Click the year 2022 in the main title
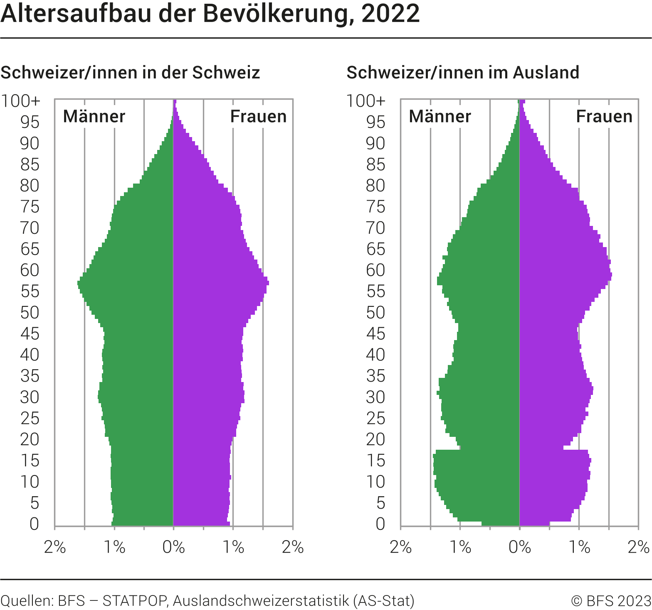pos(390,14)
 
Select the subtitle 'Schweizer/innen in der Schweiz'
pos(130,73)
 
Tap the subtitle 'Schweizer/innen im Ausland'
pos(463,73)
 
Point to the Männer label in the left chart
pos(94,117)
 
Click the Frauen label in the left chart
pos(258,117)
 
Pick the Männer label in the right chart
pos(440,117)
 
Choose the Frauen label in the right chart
pos(604,117)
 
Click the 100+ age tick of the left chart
pos(21,101)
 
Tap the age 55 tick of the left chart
pos(30,292)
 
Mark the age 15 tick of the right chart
pos(375,461)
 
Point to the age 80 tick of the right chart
pos(375,186)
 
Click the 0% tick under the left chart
pos(173,547)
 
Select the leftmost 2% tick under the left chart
pos(55,547)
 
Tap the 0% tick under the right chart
pos(519,547)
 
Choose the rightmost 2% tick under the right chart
pos(638,547)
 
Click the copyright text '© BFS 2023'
pos(611,601)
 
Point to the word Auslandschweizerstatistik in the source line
pos(261,601)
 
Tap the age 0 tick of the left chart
pos(34,524)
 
